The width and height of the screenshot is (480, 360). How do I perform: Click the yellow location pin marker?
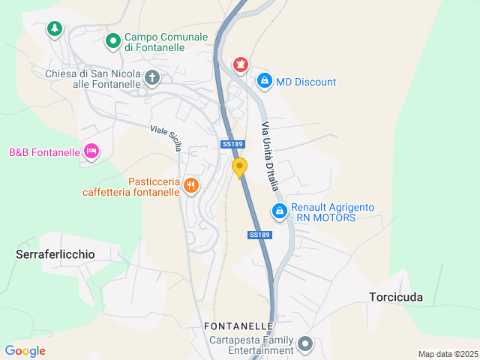pos(239,167)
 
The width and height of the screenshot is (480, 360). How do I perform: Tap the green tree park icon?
pos(54,29)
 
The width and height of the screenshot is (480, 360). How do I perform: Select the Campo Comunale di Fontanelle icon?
pos(112,41)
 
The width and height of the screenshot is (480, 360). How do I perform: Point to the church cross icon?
pos(152,77)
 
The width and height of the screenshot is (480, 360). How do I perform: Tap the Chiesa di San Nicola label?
pos(93,79)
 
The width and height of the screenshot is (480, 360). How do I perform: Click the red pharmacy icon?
pos(240,64)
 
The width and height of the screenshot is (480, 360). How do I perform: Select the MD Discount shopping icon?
pos(264,81)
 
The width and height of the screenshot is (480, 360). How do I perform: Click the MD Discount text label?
pos(306,82)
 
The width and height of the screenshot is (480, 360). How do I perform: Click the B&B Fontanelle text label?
pos(44,152)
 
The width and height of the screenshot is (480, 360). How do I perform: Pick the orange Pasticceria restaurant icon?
pos(191,185)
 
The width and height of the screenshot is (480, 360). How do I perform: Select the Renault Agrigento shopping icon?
pos(279,211)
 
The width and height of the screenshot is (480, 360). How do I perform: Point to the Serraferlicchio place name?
pos(55,254)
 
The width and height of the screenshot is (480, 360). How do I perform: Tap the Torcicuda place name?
pos(396,297)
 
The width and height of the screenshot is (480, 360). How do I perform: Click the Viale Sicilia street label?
pos(166,139)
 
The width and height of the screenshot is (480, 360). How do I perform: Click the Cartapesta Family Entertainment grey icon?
pos(305,345)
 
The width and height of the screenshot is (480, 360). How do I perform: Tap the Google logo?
pos(25,351)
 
